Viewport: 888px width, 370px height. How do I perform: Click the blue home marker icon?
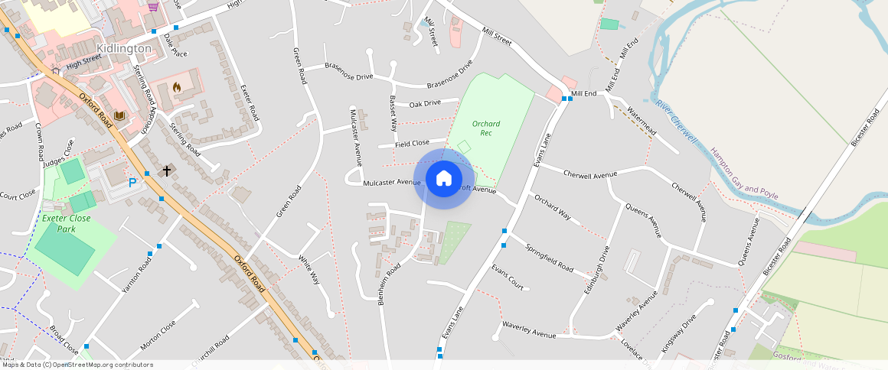(x=444, y=179)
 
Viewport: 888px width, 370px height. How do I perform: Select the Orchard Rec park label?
(x=486, y=128)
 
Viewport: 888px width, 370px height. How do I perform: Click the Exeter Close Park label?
(x=67, y=223)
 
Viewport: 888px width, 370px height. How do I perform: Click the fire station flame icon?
(x=178, y=88)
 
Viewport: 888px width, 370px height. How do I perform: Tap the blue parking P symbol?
(x=132, y=183)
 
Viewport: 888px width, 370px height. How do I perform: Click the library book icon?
(x=119, y=116)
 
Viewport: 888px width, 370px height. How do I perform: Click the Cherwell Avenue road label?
(x=589, y=174)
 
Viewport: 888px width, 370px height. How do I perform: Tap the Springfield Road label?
(x=549, y=258)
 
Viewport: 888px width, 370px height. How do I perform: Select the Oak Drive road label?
(x=425, y=104)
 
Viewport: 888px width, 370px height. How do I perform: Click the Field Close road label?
(x=412, y=144)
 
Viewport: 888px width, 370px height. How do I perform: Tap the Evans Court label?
(x=508, y=277)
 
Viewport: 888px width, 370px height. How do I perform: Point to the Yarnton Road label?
(x=137, y=276)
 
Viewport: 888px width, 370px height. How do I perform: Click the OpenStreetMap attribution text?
(x=77, y=365)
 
